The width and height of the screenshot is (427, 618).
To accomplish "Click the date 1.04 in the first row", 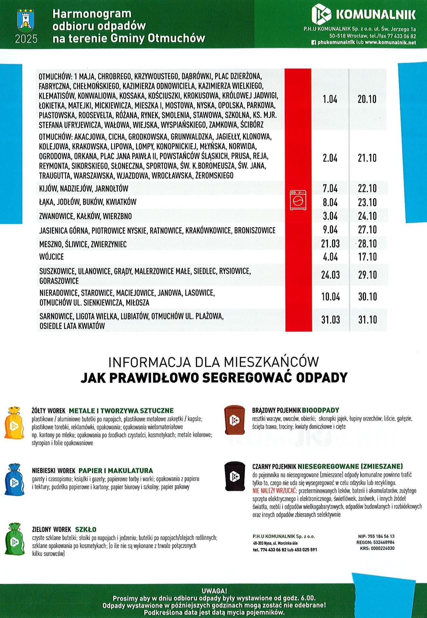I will coord(330,99).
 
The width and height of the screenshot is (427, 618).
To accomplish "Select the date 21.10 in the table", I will coord(367,158).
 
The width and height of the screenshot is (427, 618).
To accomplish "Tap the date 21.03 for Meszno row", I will coord(330,244).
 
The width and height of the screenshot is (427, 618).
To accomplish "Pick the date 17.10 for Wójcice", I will coord(367,257).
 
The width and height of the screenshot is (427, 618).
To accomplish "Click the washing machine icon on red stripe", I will coord(298,200).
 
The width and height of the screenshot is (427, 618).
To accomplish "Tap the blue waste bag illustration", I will coord(14,480).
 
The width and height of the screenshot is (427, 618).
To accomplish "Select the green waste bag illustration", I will coord(14,539).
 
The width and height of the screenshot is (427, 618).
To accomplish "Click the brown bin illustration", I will coord(234,420).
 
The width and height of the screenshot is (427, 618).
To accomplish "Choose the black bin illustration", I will coord(234,476).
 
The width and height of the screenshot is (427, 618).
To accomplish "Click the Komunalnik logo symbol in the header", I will coord(321,14).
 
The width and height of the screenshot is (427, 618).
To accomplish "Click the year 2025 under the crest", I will coord(26,39).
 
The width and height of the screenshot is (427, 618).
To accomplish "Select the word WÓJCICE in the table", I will coord(51,257).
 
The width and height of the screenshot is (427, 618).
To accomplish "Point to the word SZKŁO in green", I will coord(86,529).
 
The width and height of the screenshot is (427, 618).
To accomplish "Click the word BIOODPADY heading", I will coord(320,410).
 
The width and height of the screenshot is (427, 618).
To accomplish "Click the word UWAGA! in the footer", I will coord(214,591).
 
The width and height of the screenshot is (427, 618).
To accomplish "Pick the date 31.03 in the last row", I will coord(330,320).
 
